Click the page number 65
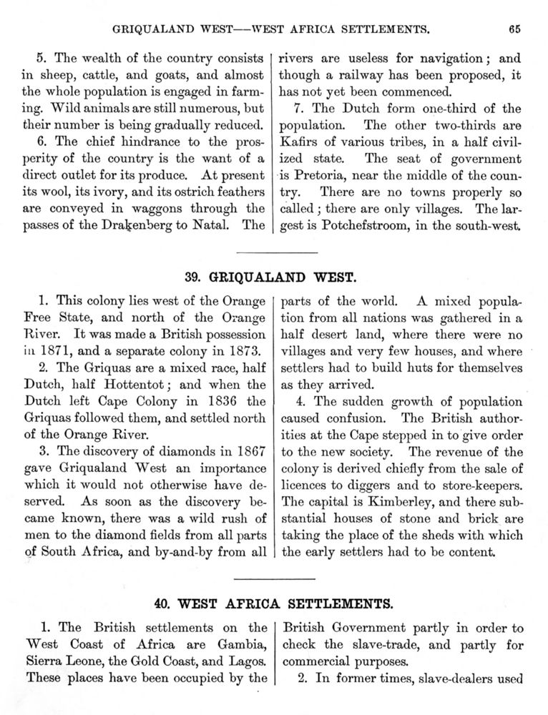(x=514, y=29)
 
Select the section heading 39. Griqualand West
(x=273, y=276)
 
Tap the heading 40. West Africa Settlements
(x=273, y=603)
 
